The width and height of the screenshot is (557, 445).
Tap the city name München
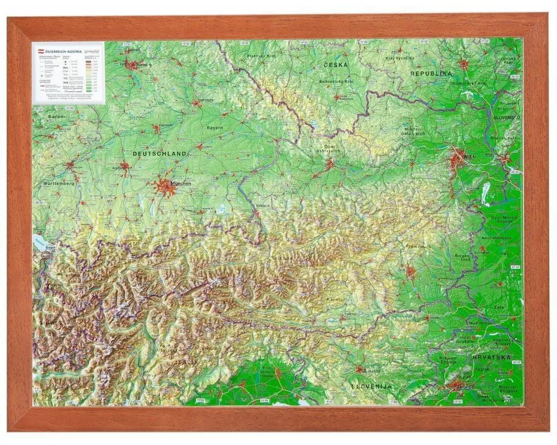(x=182, y=183)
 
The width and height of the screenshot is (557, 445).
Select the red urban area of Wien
(x=457, y=160)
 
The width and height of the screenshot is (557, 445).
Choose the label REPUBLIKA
(x=430, y=73)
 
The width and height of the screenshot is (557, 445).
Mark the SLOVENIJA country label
(x=372, y=385)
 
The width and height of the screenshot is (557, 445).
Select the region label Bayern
(x=215, y=127)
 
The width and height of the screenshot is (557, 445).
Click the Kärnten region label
(x=336, y=300)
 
